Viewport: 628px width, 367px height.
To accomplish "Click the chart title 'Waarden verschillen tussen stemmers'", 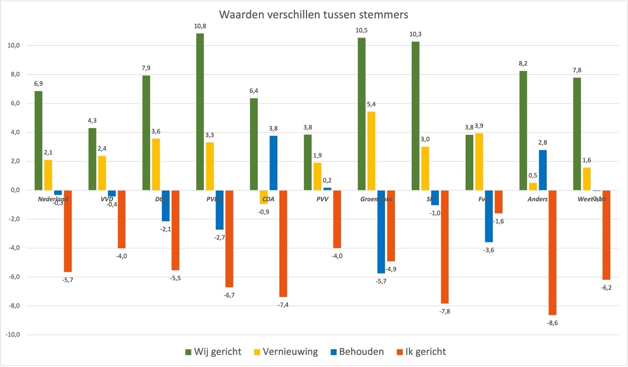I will pyautogui.click(x=314, y=15).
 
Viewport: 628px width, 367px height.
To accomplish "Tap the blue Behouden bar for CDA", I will pyautogui.click(x=273, y=163).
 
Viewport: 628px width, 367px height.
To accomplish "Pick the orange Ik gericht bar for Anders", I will pyautogui.click(x=552, y=252).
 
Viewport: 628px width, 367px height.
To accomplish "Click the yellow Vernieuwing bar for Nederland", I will pyautogui.click(x=48, y=175).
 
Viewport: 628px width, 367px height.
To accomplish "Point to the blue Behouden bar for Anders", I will pyautogui.click(x=542, y=170).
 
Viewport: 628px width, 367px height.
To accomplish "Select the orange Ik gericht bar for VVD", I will pyautogui.click(x=122, y=219).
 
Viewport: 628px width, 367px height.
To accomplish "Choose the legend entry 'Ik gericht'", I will pyautogui.click(x=420, y=352).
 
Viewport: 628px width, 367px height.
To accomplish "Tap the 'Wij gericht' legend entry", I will pyautogui.click(x=213, y=352).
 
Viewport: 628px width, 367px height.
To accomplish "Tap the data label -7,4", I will pyautogui.click(x=283, y=305).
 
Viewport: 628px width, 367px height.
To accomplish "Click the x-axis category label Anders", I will pyautogui.click(x=538, y=199).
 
